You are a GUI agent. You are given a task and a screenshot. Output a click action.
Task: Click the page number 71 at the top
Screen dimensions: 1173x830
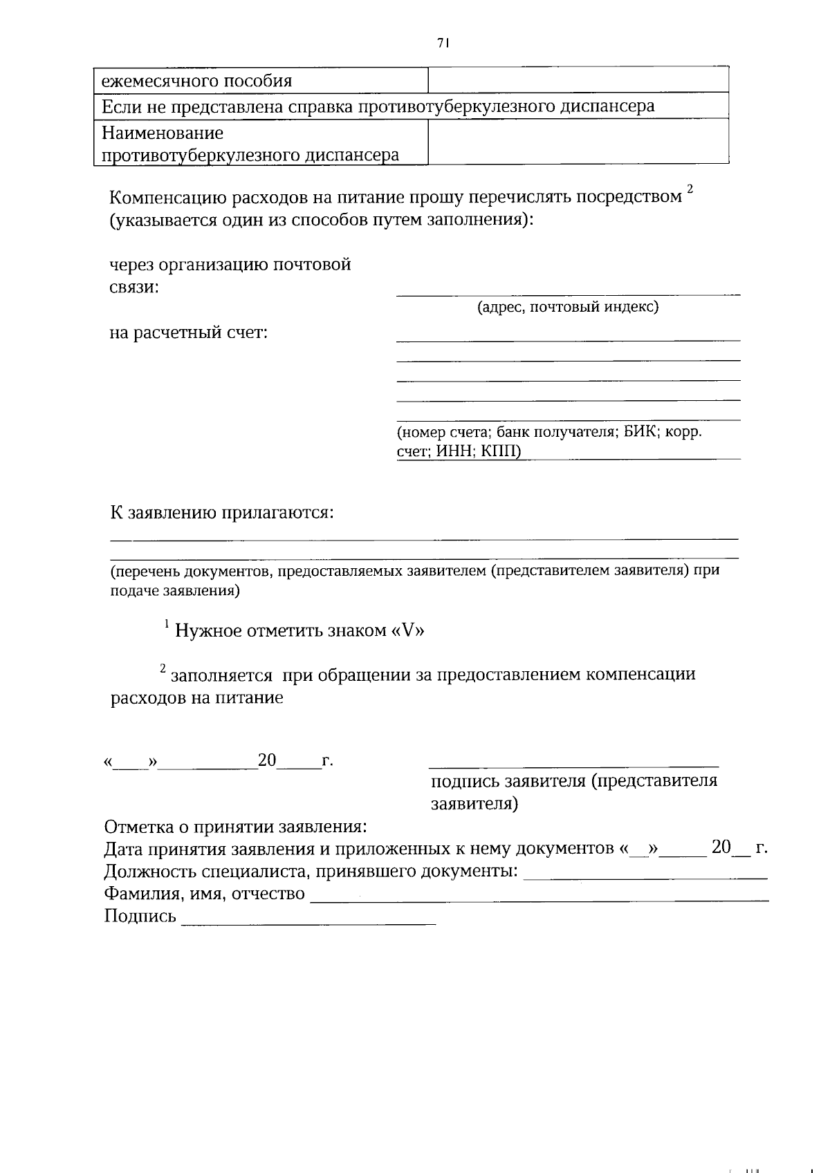(443, 43)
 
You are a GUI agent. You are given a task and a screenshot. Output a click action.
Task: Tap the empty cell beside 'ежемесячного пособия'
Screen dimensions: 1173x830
(578, 81)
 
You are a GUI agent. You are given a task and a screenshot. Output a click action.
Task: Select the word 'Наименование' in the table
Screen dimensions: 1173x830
(163, 132)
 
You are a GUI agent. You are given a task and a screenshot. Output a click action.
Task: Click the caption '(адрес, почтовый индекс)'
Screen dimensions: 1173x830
(568, 307)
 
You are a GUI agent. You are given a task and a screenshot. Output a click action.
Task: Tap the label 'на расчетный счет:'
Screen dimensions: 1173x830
(189, 333)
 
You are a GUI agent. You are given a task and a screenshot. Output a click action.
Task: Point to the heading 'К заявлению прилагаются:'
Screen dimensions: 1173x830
(222, 513)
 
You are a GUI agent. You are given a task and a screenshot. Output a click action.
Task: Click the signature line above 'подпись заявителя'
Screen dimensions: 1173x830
(573, 765)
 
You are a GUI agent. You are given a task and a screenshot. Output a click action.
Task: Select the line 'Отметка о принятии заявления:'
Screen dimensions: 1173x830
(235, 827)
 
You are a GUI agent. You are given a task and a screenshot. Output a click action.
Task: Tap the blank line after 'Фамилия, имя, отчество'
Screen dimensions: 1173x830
(539, 899)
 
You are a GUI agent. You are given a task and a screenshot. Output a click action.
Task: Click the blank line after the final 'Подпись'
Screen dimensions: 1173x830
(308, 923)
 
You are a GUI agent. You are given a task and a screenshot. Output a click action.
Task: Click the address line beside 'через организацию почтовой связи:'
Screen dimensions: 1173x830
(568, 294)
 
